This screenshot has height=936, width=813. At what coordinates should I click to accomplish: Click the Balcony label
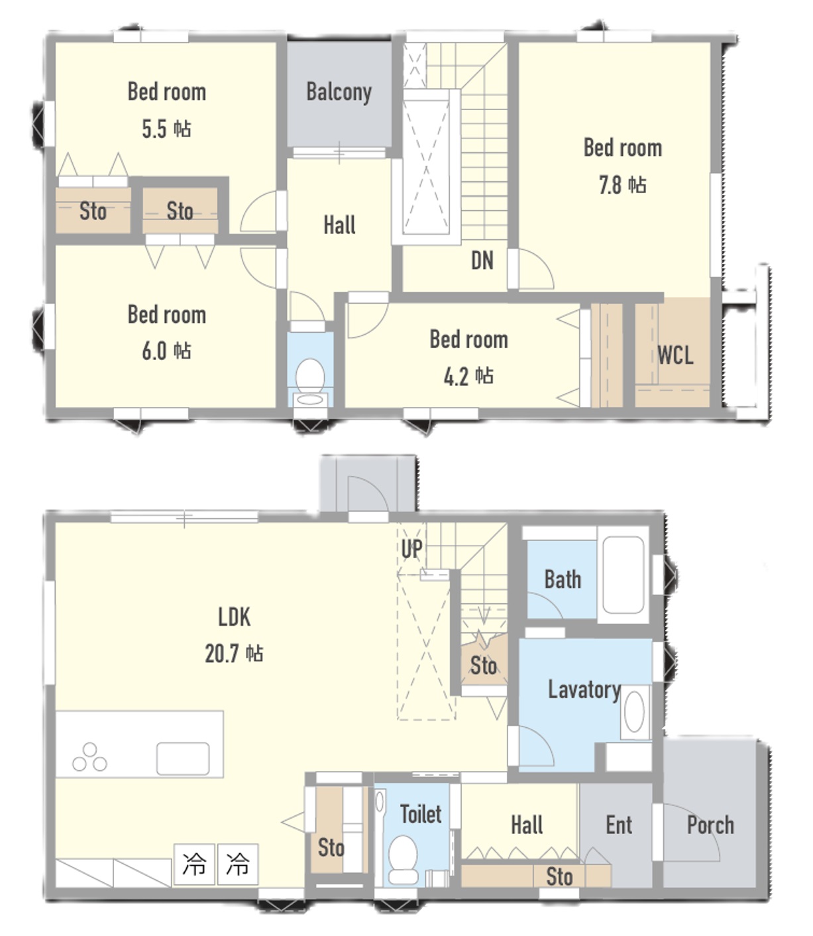(x=339, y=92)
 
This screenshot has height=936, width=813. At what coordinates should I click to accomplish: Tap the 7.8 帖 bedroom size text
(x=622, y=185)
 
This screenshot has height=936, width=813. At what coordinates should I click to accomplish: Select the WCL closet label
(x=675, y=355)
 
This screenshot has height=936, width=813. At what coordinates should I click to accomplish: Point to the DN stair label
(x=482, y=261)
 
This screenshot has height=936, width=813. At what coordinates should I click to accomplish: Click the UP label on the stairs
(x=411, y=548)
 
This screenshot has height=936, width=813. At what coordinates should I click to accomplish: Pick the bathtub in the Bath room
(x=623, y=575)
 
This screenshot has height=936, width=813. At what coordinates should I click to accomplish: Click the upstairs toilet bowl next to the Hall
(x=310, y=377)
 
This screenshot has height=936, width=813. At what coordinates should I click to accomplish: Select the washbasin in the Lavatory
(x=634, y=711)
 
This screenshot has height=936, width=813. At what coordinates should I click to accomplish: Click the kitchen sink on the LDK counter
(x=182, y=758)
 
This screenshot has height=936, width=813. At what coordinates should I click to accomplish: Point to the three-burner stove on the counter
(x=89, y=756)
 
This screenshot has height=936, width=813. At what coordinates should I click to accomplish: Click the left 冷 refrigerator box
(x=194, y=864)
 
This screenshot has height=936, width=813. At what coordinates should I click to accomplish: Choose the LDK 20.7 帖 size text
(x=234, y=654)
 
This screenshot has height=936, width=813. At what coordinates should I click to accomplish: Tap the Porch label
(x=710, y=825)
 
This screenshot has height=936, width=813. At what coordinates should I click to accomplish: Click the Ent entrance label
(x=619, y=825)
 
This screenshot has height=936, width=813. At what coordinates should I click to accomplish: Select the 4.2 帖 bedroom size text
(x=468, y=377)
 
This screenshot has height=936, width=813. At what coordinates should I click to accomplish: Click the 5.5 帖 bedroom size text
(x=166, y=129)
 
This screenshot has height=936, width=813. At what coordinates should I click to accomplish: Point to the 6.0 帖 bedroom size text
(x=166, y=351)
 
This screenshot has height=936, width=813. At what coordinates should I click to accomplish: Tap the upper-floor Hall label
(x=339, y=225)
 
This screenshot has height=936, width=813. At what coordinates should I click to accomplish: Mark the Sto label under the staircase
(x=483, y=666)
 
